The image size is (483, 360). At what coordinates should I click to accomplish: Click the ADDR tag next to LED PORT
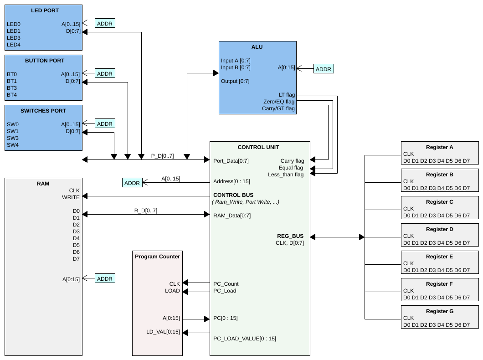click(x=105, y=23)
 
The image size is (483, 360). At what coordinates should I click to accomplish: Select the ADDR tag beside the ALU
click(x=324, y=69)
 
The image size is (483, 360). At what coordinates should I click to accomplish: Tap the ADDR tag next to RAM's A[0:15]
click(x=105, y=278)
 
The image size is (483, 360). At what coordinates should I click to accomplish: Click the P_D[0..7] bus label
click(x=162, y=156)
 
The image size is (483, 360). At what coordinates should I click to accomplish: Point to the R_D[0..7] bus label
click(x=146, y=211)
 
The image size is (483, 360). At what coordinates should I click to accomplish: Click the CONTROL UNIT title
click(x=258, y=147)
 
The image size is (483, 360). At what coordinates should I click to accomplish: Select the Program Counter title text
click(x=157, y=257)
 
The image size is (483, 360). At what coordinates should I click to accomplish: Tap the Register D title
click(x=440, y=229)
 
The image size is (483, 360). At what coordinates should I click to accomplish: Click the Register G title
click(x=440, y=311)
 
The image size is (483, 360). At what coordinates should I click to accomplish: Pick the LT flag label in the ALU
click(x=287, y=95)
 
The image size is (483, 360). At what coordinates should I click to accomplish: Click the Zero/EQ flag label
click(x=279, y=102)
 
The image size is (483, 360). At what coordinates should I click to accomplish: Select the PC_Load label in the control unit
click(x=225, y=291)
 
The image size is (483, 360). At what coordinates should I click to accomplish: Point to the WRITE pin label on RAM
click(x=71, y=197)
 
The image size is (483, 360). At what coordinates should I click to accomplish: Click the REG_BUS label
click(x=290, y=236)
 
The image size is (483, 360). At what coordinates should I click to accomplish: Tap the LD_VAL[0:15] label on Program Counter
click(x=163, y=332)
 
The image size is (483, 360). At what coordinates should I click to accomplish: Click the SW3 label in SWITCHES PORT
click(x=13, y=138)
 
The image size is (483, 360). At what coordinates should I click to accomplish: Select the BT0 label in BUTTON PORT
click(x=12, y=74)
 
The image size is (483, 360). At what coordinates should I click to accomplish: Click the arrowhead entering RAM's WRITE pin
click(x=85, y=196)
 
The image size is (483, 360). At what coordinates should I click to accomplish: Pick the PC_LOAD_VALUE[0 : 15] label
click(x=245, y=339)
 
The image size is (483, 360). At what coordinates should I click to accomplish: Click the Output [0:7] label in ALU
click(x=235, y=81)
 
